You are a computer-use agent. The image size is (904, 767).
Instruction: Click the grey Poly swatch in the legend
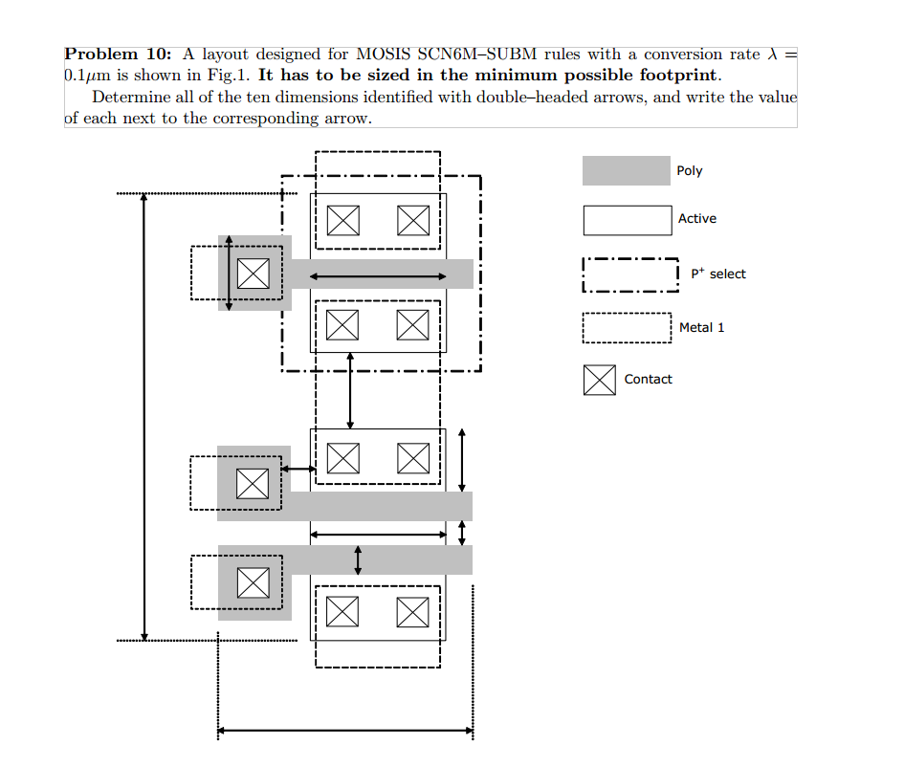[626, 171]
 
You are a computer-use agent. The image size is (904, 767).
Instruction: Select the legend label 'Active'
[696, 219]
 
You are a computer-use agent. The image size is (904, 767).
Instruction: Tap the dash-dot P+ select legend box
[629, 274]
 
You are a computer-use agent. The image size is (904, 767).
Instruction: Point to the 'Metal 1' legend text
[701, 328]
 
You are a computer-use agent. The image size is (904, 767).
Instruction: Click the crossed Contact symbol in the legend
[599, 380]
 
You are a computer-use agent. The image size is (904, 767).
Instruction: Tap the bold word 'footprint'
[679, 76]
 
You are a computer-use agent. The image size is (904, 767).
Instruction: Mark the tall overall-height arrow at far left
[143, 416]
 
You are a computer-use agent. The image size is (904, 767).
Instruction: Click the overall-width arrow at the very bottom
[344, 732]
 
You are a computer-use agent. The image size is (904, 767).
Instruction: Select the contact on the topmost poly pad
[253, 274]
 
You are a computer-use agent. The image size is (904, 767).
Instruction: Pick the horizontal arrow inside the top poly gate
[378, 276]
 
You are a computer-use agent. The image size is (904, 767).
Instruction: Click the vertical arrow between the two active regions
[350, 390]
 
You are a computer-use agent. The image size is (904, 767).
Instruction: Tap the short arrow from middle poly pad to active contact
[298, 469]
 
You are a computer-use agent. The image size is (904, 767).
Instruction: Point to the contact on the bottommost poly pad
[253, 581]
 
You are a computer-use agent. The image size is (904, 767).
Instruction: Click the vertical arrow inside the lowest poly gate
[358, 559]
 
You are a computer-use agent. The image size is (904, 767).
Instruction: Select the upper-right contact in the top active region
[413, 220]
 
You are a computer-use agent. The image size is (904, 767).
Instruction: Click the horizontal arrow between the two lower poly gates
[378, 534]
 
